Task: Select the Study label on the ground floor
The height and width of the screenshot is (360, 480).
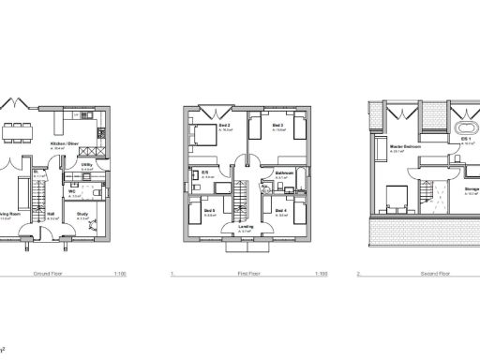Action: pyautogui.click(x=82, y=214)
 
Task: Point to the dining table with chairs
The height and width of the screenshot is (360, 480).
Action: pyautogui.click(x=16, y=127)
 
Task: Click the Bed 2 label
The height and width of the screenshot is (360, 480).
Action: pyautogui.click(x=225, y=126)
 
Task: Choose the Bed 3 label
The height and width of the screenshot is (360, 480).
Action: pyautogui.click(x=277, y=126)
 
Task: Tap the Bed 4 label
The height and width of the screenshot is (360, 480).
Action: pyautogui.click(x=280, y=211)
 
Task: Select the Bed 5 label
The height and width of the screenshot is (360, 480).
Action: pyautogui.click(x=209, y=211)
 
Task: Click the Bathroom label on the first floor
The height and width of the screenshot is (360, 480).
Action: pyautogui.click(x=285, y=172)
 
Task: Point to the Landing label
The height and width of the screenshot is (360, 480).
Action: pyautogui.click(x=246, y=226)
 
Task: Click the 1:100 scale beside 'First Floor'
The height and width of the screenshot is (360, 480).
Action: pyautogui.click(x=321, y=275)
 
